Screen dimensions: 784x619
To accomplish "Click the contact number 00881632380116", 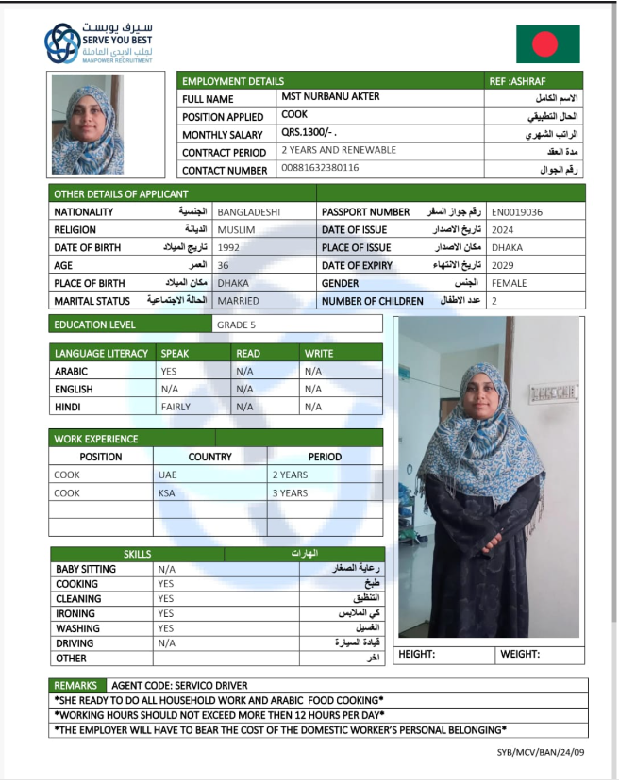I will [x=320, y=168].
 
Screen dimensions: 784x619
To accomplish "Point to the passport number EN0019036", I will [x=517, y=212].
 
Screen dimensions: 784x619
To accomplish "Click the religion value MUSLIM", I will [x=236, y=229].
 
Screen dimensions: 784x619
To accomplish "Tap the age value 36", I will [x=223, y=266].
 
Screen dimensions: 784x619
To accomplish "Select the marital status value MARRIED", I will [x=238, y=301].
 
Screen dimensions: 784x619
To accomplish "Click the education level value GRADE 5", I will [x=236, y=325].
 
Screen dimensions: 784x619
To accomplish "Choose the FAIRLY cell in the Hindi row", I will [x=176, y=407].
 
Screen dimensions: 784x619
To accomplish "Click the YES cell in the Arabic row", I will [x=169, y=371].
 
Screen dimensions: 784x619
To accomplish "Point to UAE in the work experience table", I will [x=167, y=475].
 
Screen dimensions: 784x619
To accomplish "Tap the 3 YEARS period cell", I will [x=290, y=492].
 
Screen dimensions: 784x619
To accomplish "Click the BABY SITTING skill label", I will [x=86, y=569].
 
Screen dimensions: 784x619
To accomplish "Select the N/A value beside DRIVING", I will [x=167, y=642].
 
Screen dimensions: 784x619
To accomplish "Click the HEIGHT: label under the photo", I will [x=416, y=654].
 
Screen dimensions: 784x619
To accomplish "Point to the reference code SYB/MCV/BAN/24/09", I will [x=541, y=752].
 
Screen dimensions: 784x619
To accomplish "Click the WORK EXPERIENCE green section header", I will [x=96, y=439].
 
